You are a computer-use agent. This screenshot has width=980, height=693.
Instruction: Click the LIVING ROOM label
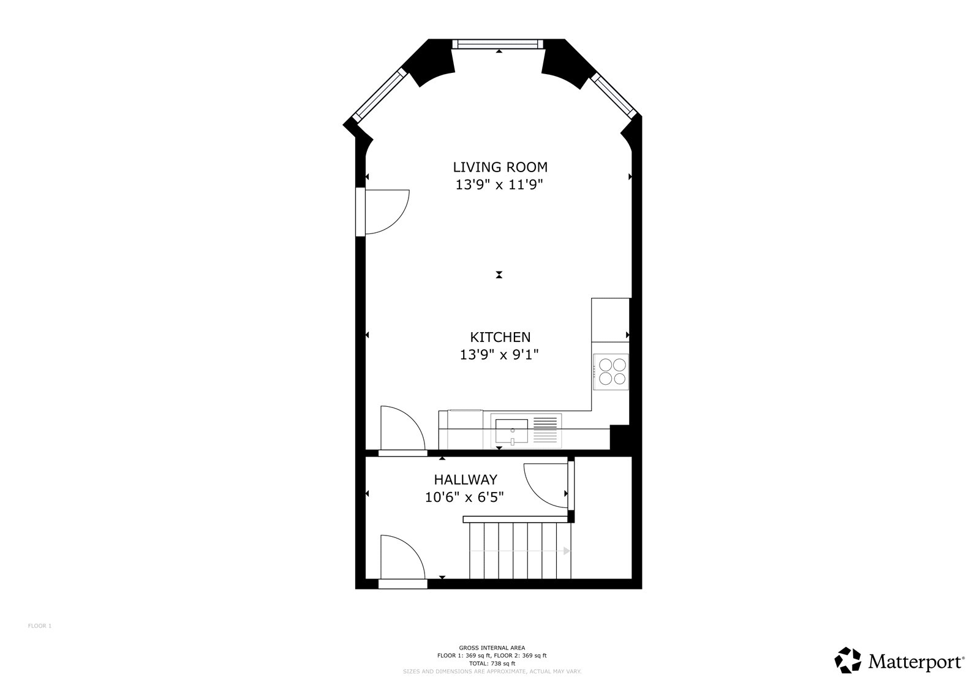[x=500, y=167]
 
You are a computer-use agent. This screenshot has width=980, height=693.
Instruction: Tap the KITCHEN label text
[x=500, y=337]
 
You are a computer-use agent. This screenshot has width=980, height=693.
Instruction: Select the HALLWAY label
[x=466, y=480]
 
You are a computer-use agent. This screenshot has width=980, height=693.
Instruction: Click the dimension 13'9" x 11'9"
[x=499, y=185]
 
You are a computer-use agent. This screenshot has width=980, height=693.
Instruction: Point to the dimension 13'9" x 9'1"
[x=499, y=355]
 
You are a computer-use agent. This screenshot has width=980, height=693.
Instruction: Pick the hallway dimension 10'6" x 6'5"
[x=465, y=498]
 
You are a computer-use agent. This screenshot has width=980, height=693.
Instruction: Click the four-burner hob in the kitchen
[x=611, y=372]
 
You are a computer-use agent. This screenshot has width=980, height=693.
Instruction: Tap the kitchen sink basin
[x=511, y=431]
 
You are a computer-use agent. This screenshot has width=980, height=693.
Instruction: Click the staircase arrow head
[x=567, y=551]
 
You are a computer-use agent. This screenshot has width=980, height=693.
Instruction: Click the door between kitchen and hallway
[x=403, y=430]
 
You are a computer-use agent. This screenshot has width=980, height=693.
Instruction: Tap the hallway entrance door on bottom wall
[x=403, y=560]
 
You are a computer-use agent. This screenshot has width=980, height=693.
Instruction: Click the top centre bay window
[x=498, y=44]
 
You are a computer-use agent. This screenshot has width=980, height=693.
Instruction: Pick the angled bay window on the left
[x=380, y=95]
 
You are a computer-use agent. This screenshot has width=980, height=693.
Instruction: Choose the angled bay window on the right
[x=613, y=96]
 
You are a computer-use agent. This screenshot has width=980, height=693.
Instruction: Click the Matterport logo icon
[x=848, y=660]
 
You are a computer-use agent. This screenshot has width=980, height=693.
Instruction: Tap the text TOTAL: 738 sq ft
[x=492, y=663]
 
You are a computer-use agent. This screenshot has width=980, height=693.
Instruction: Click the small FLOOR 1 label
[x=40, y=626]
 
